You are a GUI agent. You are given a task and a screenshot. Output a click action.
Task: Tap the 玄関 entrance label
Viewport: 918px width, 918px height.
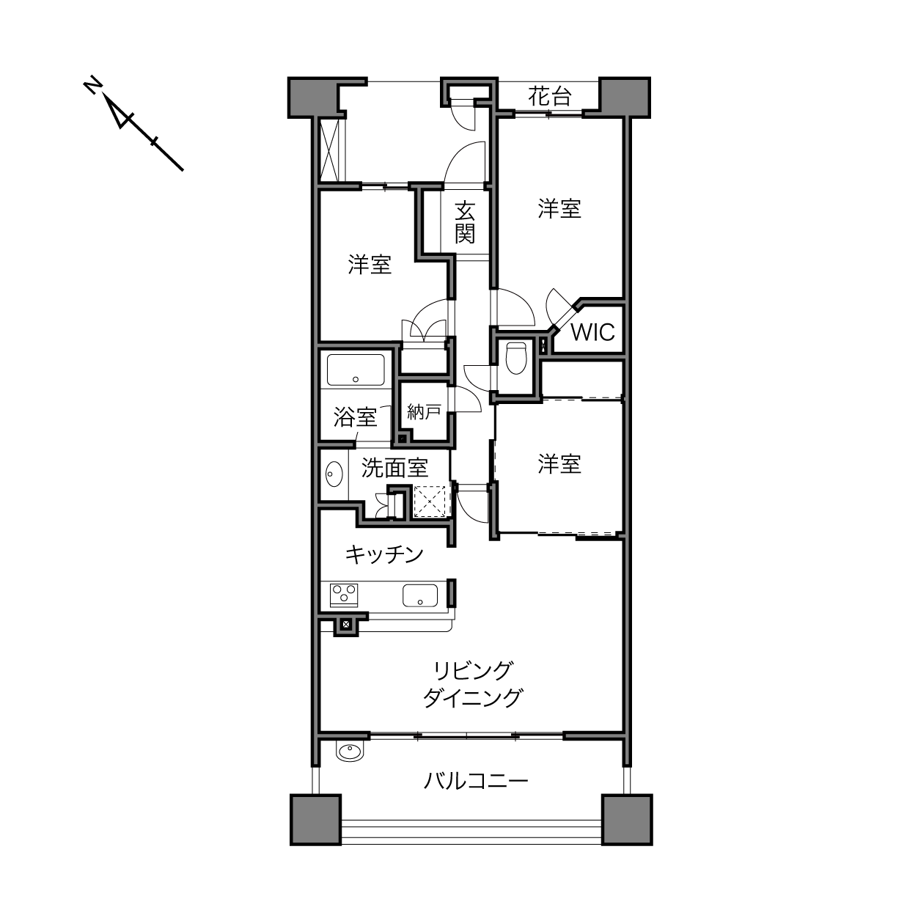pyautogui.click(x=464, y=222)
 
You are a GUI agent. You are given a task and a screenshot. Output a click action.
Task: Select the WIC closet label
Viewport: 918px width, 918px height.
pyautogui.click(x=592, y=332)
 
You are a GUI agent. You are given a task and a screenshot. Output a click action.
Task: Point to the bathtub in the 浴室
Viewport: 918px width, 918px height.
pyautogui.click(x=356, y=370)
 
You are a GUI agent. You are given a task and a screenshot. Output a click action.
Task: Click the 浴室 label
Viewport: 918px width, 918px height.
pyautogui.click(x=356, y=417)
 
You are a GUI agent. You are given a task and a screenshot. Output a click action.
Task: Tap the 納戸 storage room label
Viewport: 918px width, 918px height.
pyautogui.click(x=424, y=411)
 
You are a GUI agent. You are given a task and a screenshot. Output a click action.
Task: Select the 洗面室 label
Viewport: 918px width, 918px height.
pyautogui.click(x=395, y=468)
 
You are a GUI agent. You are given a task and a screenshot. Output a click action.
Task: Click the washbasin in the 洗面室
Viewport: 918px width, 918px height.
pyautogui.click(x=334, y=474)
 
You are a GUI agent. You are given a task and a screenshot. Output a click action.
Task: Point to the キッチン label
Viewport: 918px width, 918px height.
pyautogui.click(x=384, y=554)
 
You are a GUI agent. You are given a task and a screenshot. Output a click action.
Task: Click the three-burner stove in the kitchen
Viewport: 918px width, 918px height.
pyautogui.click(x=343, y=595)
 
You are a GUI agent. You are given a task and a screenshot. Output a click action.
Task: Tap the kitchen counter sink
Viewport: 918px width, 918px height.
pyautogui.click(x=419, y=595)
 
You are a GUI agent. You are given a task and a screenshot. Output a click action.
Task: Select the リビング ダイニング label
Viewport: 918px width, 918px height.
pyautogui.click(x=473, y=685)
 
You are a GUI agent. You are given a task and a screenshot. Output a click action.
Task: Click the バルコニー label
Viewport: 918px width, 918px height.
pyautogui.click(x=476, y=782)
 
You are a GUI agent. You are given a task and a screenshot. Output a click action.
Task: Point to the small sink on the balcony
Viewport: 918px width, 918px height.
pyautogui.click(x=350, y=752)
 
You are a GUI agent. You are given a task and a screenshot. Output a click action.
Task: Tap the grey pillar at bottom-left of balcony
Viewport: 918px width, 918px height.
pyautogui.click(x=315, y=820)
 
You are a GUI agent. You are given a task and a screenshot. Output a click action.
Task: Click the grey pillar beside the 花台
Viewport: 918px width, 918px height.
pyautogui.click(x=625, y=98)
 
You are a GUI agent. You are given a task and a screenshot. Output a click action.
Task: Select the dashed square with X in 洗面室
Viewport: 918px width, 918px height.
pyautogui.click(x=431, y=501)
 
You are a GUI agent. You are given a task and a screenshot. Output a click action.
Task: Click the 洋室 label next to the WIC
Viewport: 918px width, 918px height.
pyautogui.click(x=559, y=209)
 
